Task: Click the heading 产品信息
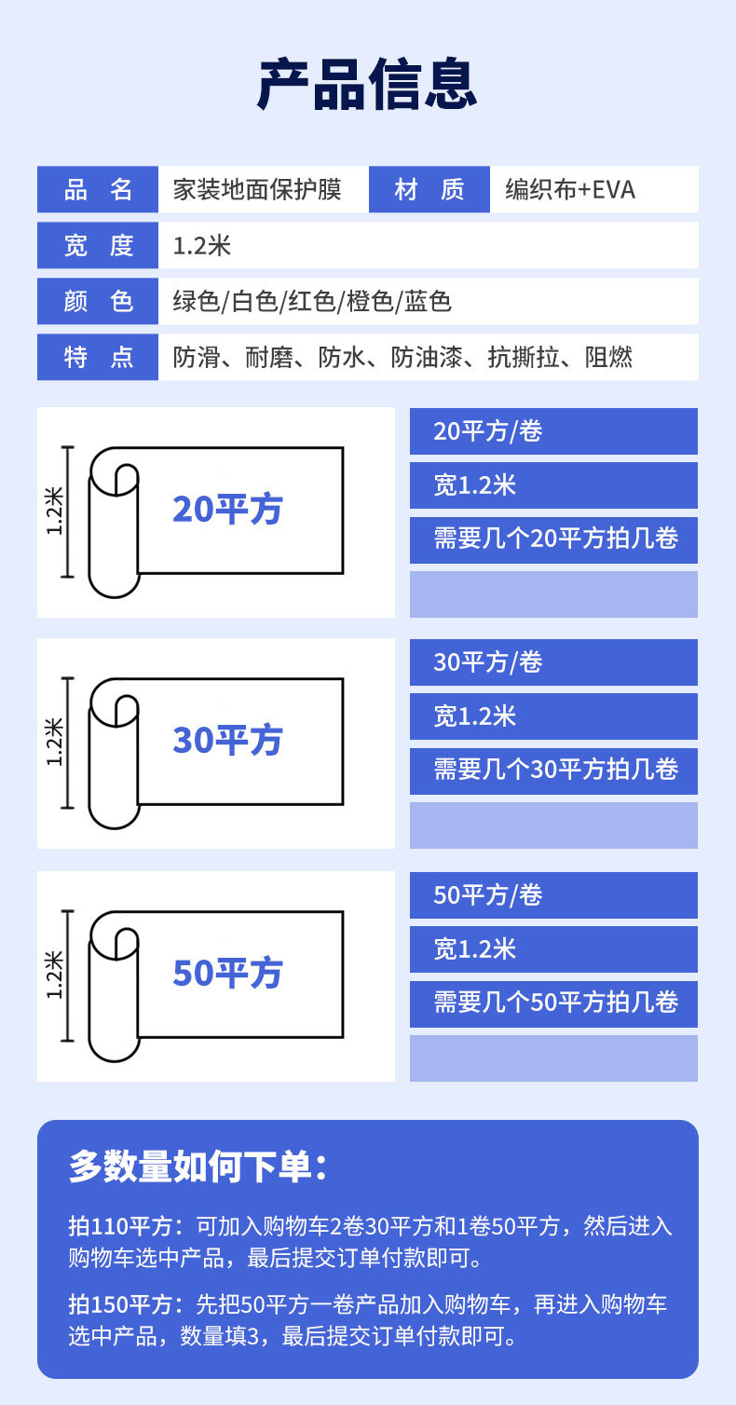(x=367, y=85)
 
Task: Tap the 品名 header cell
(x=98, y=190)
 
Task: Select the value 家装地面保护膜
(x=257, y=190)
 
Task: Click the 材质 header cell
(x=429, y=190)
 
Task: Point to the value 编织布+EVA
(x=569, y=190)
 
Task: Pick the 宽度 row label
(x=98, y=246)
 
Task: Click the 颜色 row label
(x=98, y=302)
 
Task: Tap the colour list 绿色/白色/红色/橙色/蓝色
(x=312, y=302)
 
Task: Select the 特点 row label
(x=98, y=358)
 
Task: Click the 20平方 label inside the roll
(x=227, y=510)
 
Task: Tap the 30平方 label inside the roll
(x=227, y=741)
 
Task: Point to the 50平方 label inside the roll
(x=227, y=974)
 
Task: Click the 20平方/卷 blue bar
(x=553, y=431)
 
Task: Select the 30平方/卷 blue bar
(x=553, y=662)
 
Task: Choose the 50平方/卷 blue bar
(x=553, y=895)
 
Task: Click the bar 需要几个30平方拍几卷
(x=553, y=770)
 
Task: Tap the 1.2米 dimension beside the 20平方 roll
(x=55, y=512)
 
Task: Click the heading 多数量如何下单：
(x=198, y=1167)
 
